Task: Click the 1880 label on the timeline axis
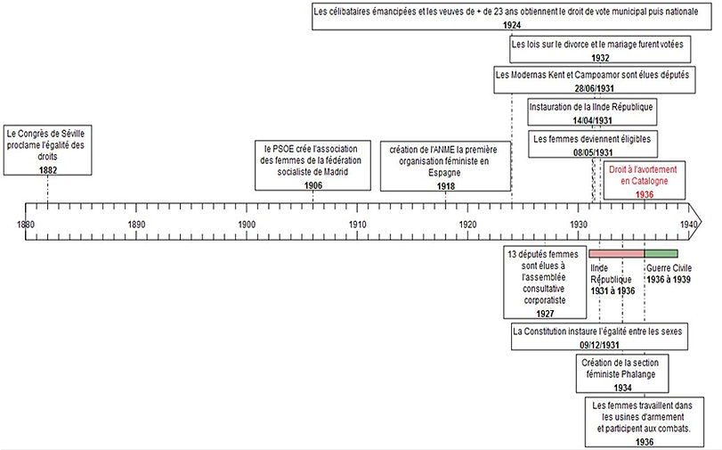25,225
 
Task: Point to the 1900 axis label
247,225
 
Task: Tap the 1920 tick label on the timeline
468,225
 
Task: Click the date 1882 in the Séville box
48,169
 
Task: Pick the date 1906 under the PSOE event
312,184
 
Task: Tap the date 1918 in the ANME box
446,185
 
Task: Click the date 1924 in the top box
512,25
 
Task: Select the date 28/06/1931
592,88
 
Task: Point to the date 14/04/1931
592,120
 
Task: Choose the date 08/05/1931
592,152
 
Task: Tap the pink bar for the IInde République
616,254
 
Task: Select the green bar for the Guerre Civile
661,254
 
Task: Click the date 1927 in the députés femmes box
544,314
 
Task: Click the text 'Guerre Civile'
671,266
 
